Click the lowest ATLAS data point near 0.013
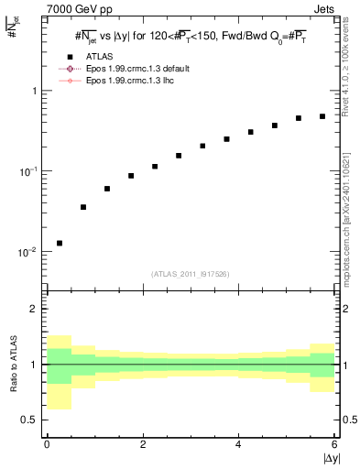coord(60,243)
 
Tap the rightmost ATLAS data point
coord(322,116)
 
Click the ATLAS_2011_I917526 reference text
coord(191,274)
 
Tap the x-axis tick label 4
coord(238,445)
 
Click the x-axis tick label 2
coord(143,445)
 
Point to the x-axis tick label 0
coord(47,445)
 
